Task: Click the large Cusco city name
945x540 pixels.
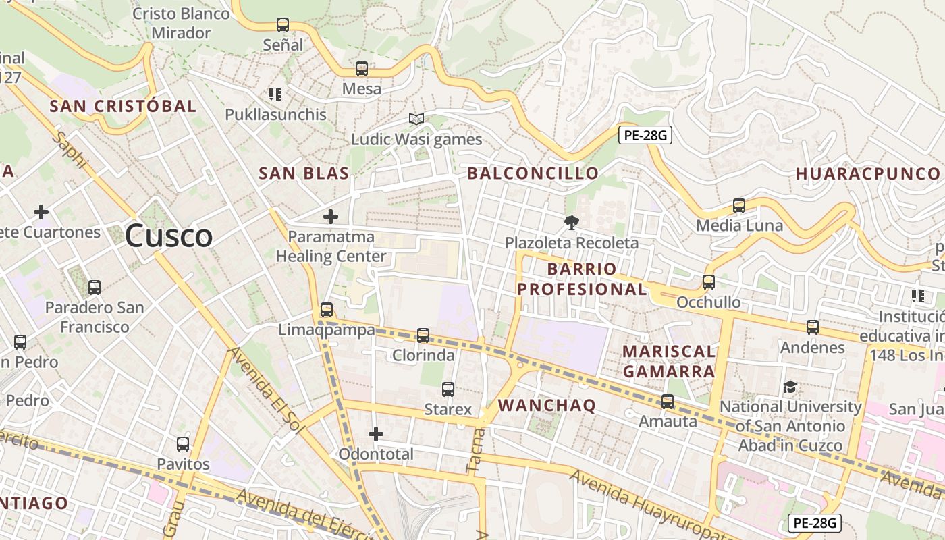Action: [x=169, y=236]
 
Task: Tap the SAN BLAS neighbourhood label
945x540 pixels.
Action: [x=304, y=173]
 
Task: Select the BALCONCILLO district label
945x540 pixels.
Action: [x=533, y=173]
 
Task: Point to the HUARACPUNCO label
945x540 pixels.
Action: [x=867, y=173]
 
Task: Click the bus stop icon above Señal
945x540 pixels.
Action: [x=283, y=25]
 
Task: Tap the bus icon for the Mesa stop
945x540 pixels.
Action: [x=362, y=69]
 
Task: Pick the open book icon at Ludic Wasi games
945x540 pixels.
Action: [x=416, y=119]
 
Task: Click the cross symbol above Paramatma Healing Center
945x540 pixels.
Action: [x=331, y=217]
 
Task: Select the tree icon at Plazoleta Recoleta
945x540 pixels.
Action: [x=572, y=222]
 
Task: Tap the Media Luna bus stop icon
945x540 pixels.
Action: [x=739, y=206]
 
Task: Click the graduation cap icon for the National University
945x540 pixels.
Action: [x=790, y=387]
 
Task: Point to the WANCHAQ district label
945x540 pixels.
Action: [x=547, y=406]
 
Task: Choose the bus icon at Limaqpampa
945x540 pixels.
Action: [x=327, y=310]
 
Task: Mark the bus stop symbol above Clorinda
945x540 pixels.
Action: [x=423, y=335]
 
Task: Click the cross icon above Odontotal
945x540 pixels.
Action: [x=376, y=433]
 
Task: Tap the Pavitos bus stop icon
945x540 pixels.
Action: [x=183, y=444]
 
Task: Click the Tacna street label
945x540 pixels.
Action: [x=475, y=450]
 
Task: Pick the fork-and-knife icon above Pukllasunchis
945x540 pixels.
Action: [x=275, y=94]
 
